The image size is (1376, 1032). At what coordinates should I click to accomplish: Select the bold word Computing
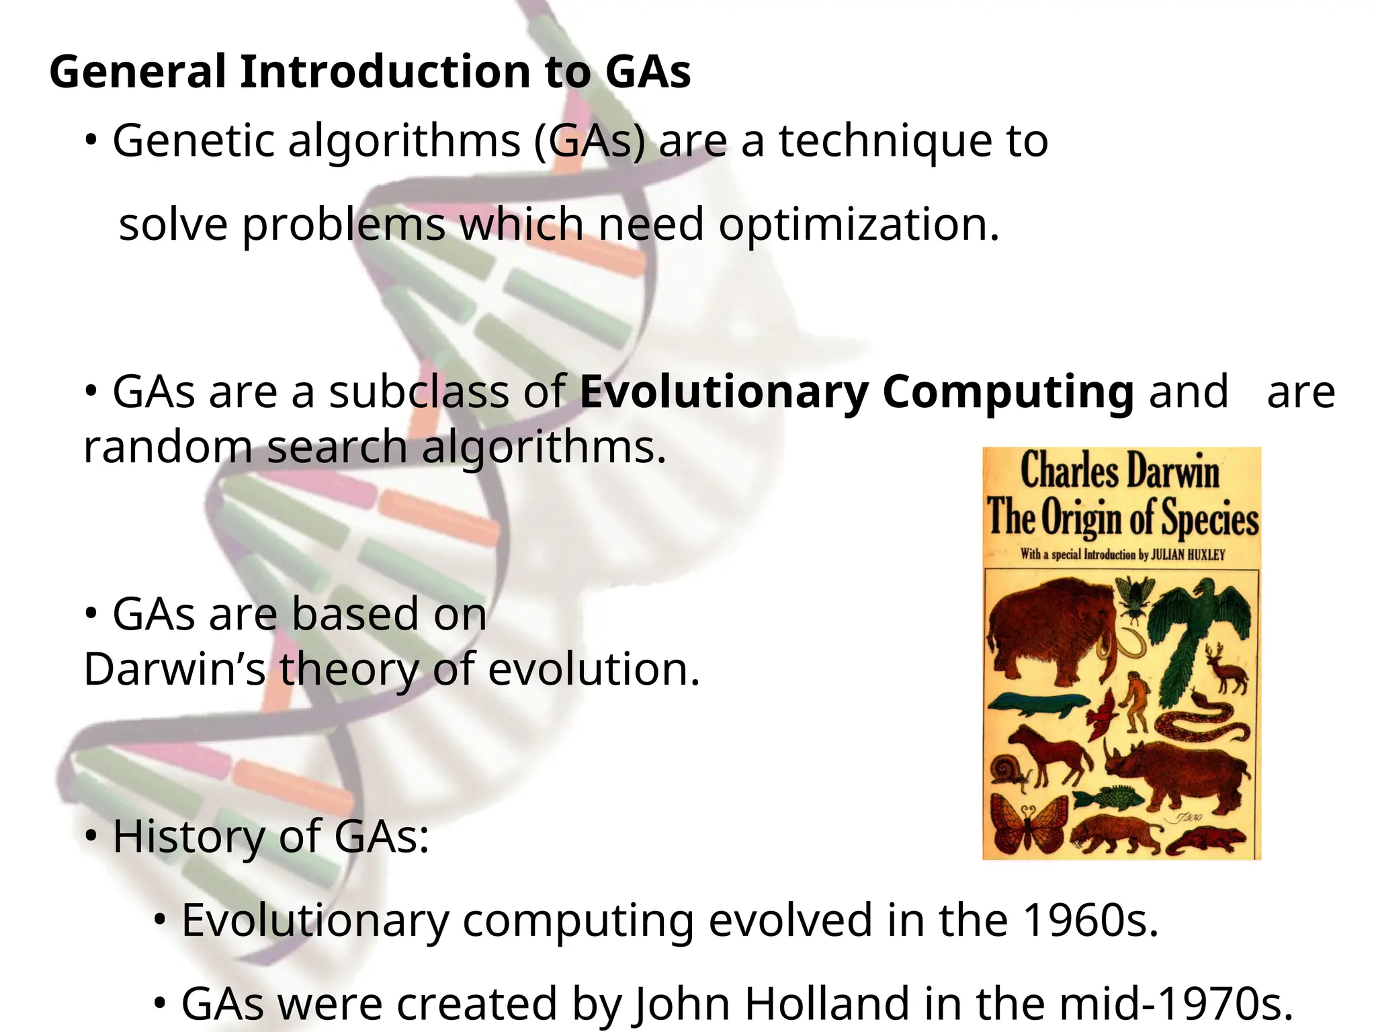[x=1008, y=392]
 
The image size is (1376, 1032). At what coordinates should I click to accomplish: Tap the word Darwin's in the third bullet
[x=175, y=670]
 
